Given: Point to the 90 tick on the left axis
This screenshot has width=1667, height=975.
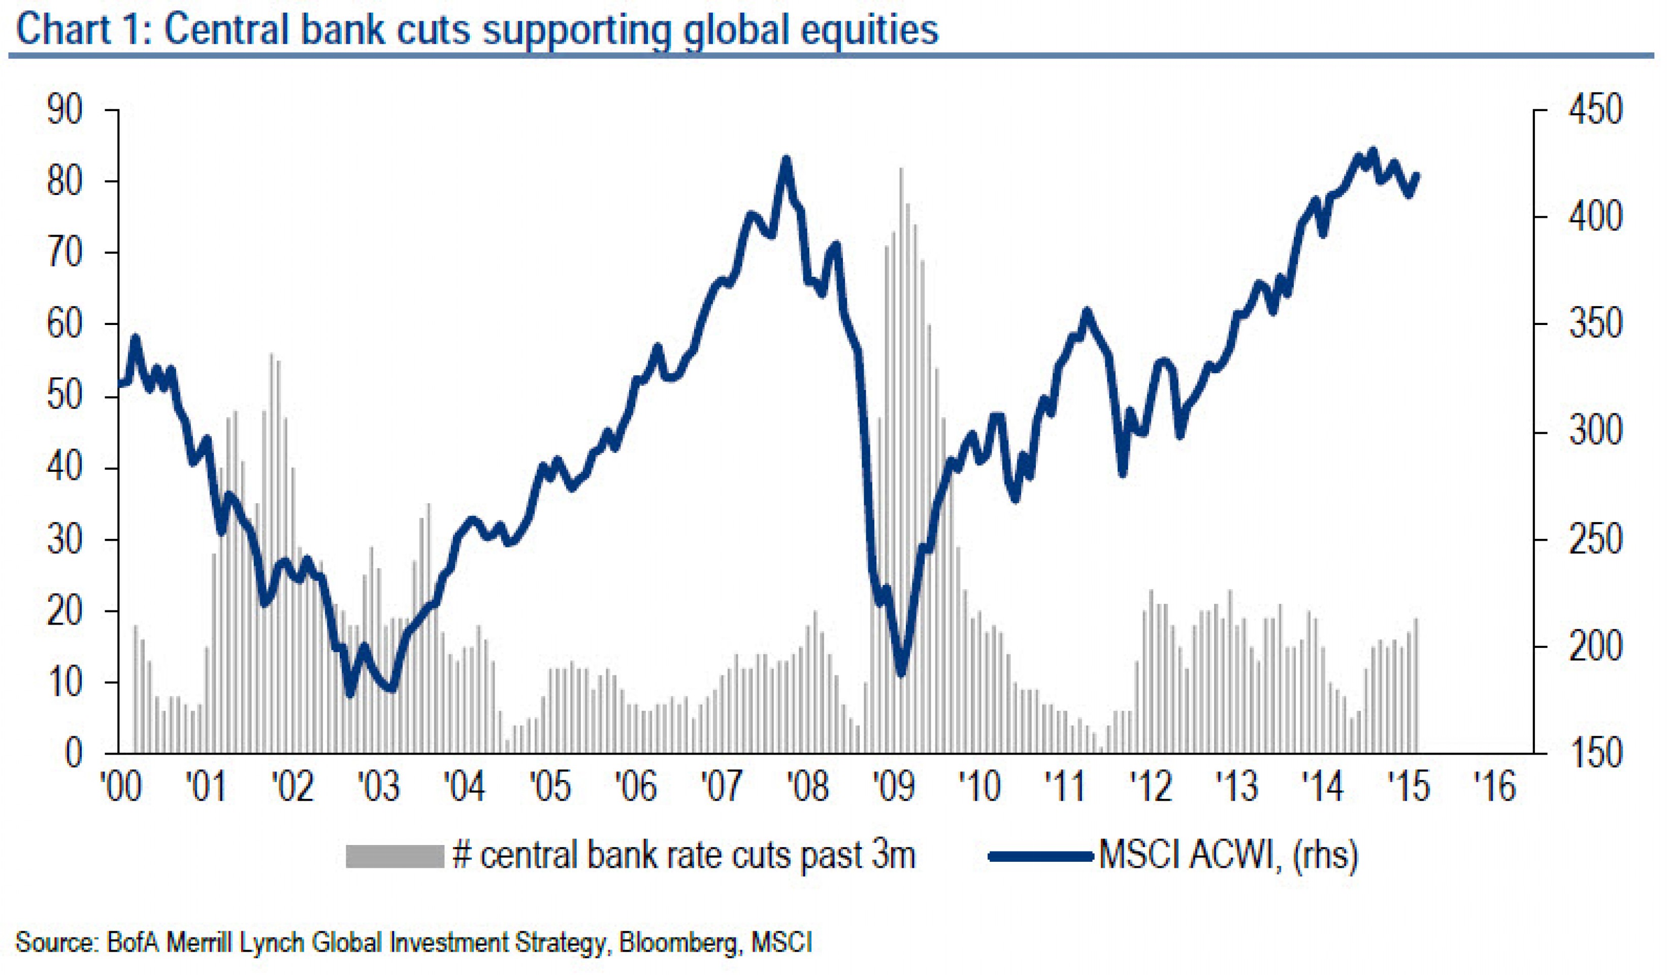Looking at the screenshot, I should [x=65, y=110].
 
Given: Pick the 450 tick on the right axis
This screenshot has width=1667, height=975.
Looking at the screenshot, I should [x=1595, y=110].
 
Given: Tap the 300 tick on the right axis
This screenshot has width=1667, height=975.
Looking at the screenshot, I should [x=1595, y=433].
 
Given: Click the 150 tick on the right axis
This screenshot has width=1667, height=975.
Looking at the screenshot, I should [x=1595, y=754].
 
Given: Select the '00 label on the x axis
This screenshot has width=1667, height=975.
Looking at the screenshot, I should [x=120, y=787].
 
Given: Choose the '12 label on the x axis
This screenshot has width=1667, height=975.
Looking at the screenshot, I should [x=1152, y=787].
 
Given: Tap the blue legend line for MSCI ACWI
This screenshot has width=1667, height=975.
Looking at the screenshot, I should [x=1040, y=856].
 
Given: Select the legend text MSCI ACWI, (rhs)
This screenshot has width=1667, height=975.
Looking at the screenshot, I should [x=1228, y=856].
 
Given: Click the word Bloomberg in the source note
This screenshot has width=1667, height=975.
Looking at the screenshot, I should [x=677, y=942].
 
